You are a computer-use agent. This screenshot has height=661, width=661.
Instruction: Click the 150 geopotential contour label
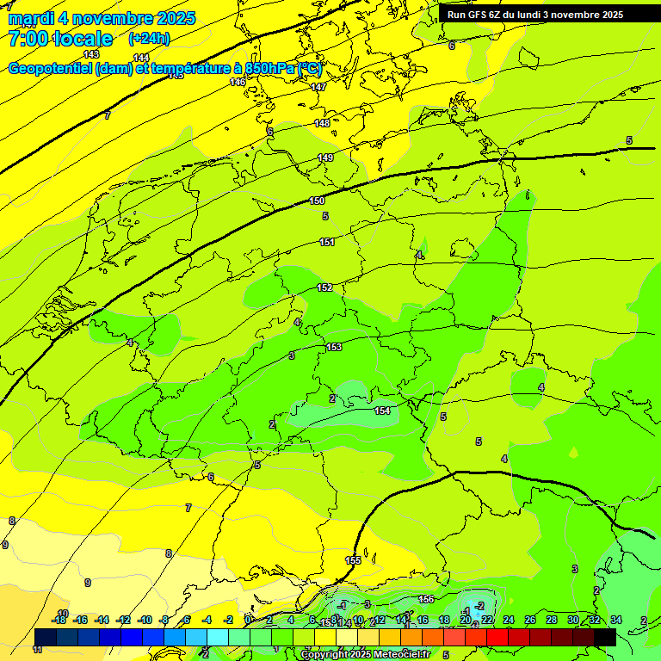(x=317, y=201)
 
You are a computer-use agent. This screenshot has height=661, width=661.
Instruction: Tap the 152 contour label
(x=324, y=287)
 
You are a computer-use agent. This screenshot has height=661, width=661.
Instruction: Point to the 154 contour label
(x=382, y=411)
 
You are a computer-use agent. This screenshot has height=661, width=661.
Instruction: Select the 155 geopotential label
(x=353, y=560)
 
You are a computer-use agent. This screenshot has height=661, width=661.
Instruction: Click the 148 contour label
(x=322, y=123)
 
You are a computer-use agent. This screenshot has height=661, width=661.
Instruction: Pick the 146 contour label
(x=238, y=82)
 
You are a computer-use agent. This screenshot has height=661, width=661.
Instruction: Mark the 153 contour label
(x=334, y=347)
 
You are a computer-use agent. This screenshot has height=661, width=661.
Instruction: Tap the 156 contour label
(x=426, y=599)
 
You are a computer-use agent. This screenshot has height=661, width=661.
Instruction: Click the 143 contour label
(x=91, y=54)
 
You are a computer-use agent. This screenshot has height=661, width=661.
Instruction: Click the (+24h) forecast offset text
(x=149, y=39)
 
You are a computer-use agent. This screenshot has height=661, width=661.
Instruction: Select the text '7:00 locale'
(x=60, y=39)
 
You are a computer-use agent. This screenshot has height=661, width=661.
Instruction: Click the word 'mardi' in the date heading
(x=30, y=18)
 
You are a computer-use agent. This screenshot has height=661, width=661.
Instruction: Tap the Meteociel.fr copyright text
(x=365, y=654)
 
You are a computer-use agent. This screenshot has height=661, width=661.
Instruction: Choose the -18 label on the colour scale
(x=59, y=620)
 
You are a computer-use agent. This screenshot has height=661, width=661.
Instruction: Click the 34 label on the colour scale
(x=615, y=620)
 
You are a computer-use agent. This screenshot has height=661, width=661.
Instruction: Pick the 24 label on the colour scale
(x=509, y=620)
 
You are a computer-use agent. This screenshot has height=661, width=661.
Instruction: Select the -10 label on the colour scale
(x=145, y=620)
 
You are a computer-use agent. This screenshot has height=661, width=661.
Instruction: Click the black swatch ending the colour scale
(x=604, y=637)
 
